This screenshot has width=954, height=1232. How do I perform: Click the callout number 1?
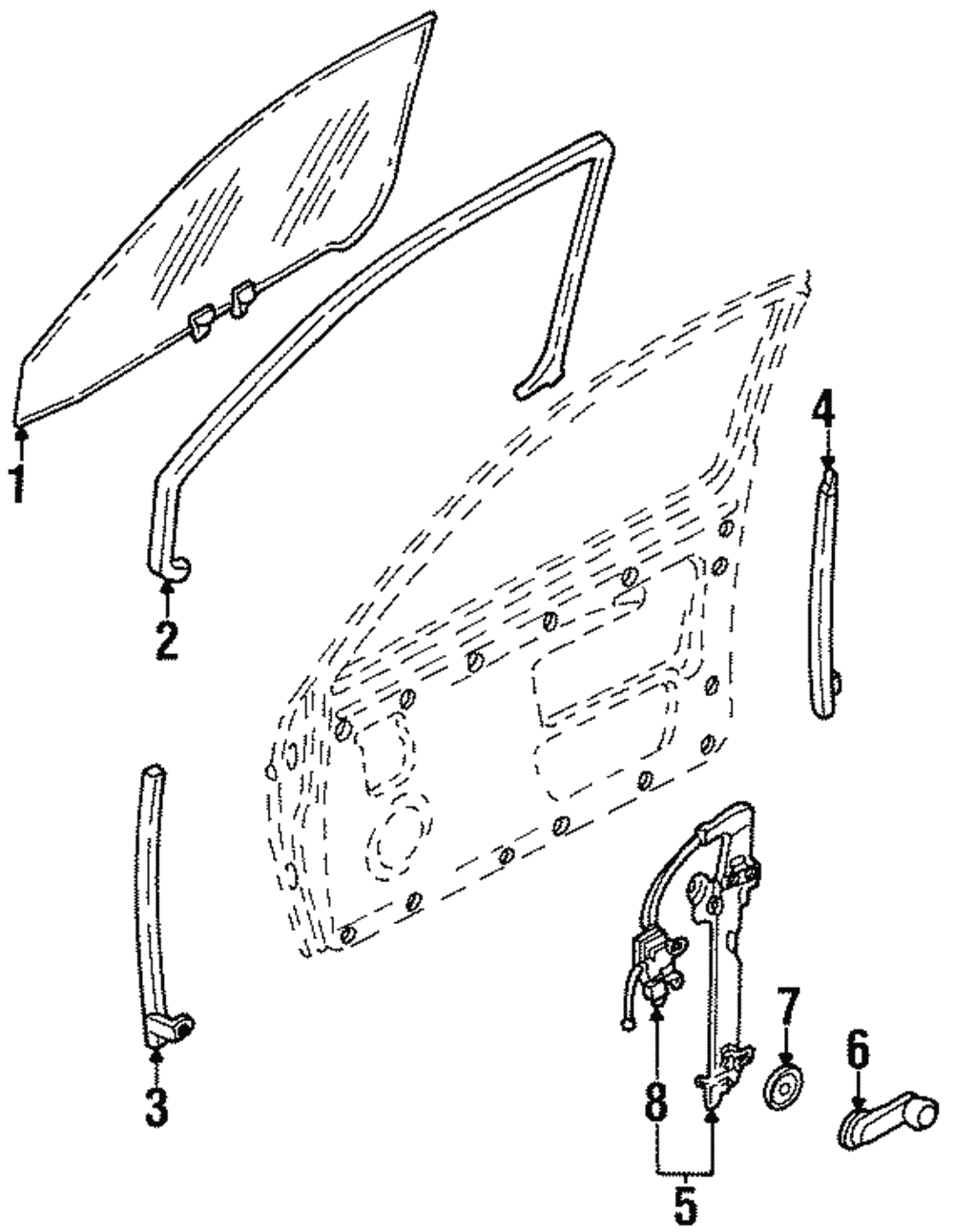pyautogui.click(x=18, y=483)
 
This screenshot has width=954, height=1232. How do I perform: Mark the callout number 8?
pyautogui.click(x=656, y=1103)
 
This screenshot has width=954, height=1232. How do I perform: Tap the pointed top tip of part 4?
pyautogui.click(x=828, y=471)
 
